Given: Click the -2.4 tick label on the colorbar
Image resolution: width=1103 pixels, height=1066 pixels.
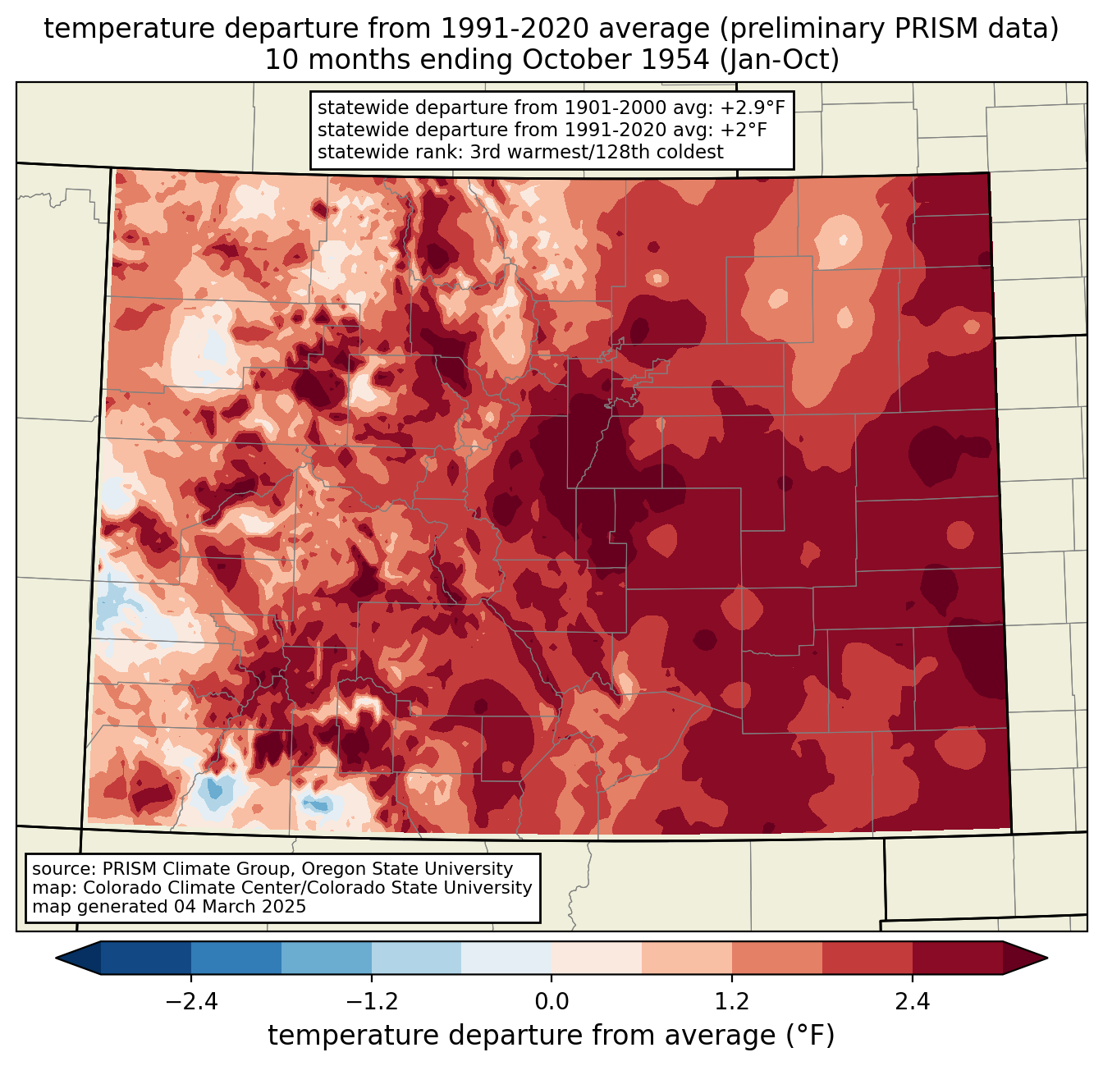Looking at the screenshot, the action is pyautogui.click(x=191, y=1003).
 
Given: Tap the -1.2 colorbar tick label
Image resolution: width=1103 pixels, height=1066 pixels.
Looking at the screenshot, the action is pyautogui.click(x=372, y=1003).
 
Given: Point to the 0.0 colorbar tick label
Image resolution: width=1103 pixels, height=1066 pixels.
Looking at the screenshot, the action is pyautogui.click(x=551, y=1003).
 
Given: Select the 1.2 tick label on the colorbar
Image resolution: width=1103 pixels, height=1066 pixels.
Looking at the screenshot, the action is pyautogui.click(x=732, y=1003).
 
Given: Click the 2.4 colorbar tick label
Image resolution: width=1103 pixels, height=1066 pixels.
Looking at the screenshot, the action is pyautogui.click(x=913, y=1003).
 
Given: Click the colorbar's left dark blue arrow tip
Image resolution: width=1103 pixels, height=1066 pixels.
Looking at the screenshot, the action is pyautogui.click(x=56, y=958).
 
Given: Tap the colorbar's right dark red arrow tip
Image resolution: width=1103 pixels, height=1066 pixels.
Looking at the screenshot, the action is pyautogui.click(x=1047, y=958).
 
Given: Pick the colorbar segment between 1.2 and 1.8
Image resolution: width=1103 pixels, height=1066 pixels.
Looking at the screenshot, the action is pyautogui.click(x=777, y=958).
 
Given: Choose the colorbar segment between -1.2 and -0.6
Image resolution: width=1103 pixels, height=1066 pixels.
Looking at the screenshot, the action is pyautogui.click(x=417, y=958).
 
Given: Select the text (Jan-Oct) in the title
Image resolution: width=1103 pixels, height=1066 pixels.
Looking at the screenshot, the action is pyautogui.click(x=780, y=61).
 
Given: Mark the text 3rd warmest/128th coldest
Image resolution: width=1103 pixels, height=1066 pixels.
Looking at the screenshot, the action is pyautogui.click(x=597, y=152).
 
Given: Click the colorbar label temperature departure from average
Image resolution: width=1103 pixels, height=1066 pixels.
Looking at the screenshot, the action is pyautogui.click(x=551, y=1036).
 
